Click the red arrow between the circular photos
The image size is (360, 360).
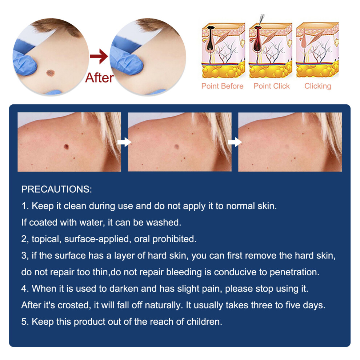[99, 56]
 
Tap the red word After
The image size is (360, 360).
[99, 77]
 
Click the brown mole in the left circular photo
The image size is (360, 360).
[50, 73]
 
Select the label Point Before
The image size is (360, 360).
[222, 86]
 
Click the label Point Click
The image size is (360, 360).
[272, 86]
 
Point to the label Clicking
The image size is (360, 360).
[318, 86]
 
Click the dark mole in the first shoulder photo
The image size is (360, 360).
[66, 147]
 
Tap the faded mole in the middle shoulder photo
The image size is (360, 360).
[177, 147]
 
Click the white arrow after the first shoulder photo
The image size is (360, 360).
[124, 142]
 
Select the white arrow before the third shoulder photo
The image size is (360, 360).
[235, 142]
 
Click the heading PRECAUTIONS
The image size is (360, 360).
[56, 189]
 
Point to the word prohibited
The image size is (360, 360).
[175, 239]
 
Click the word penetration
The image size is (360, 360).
[294, 272]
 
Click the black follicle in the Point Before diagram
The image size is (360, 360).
[211, 38]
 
